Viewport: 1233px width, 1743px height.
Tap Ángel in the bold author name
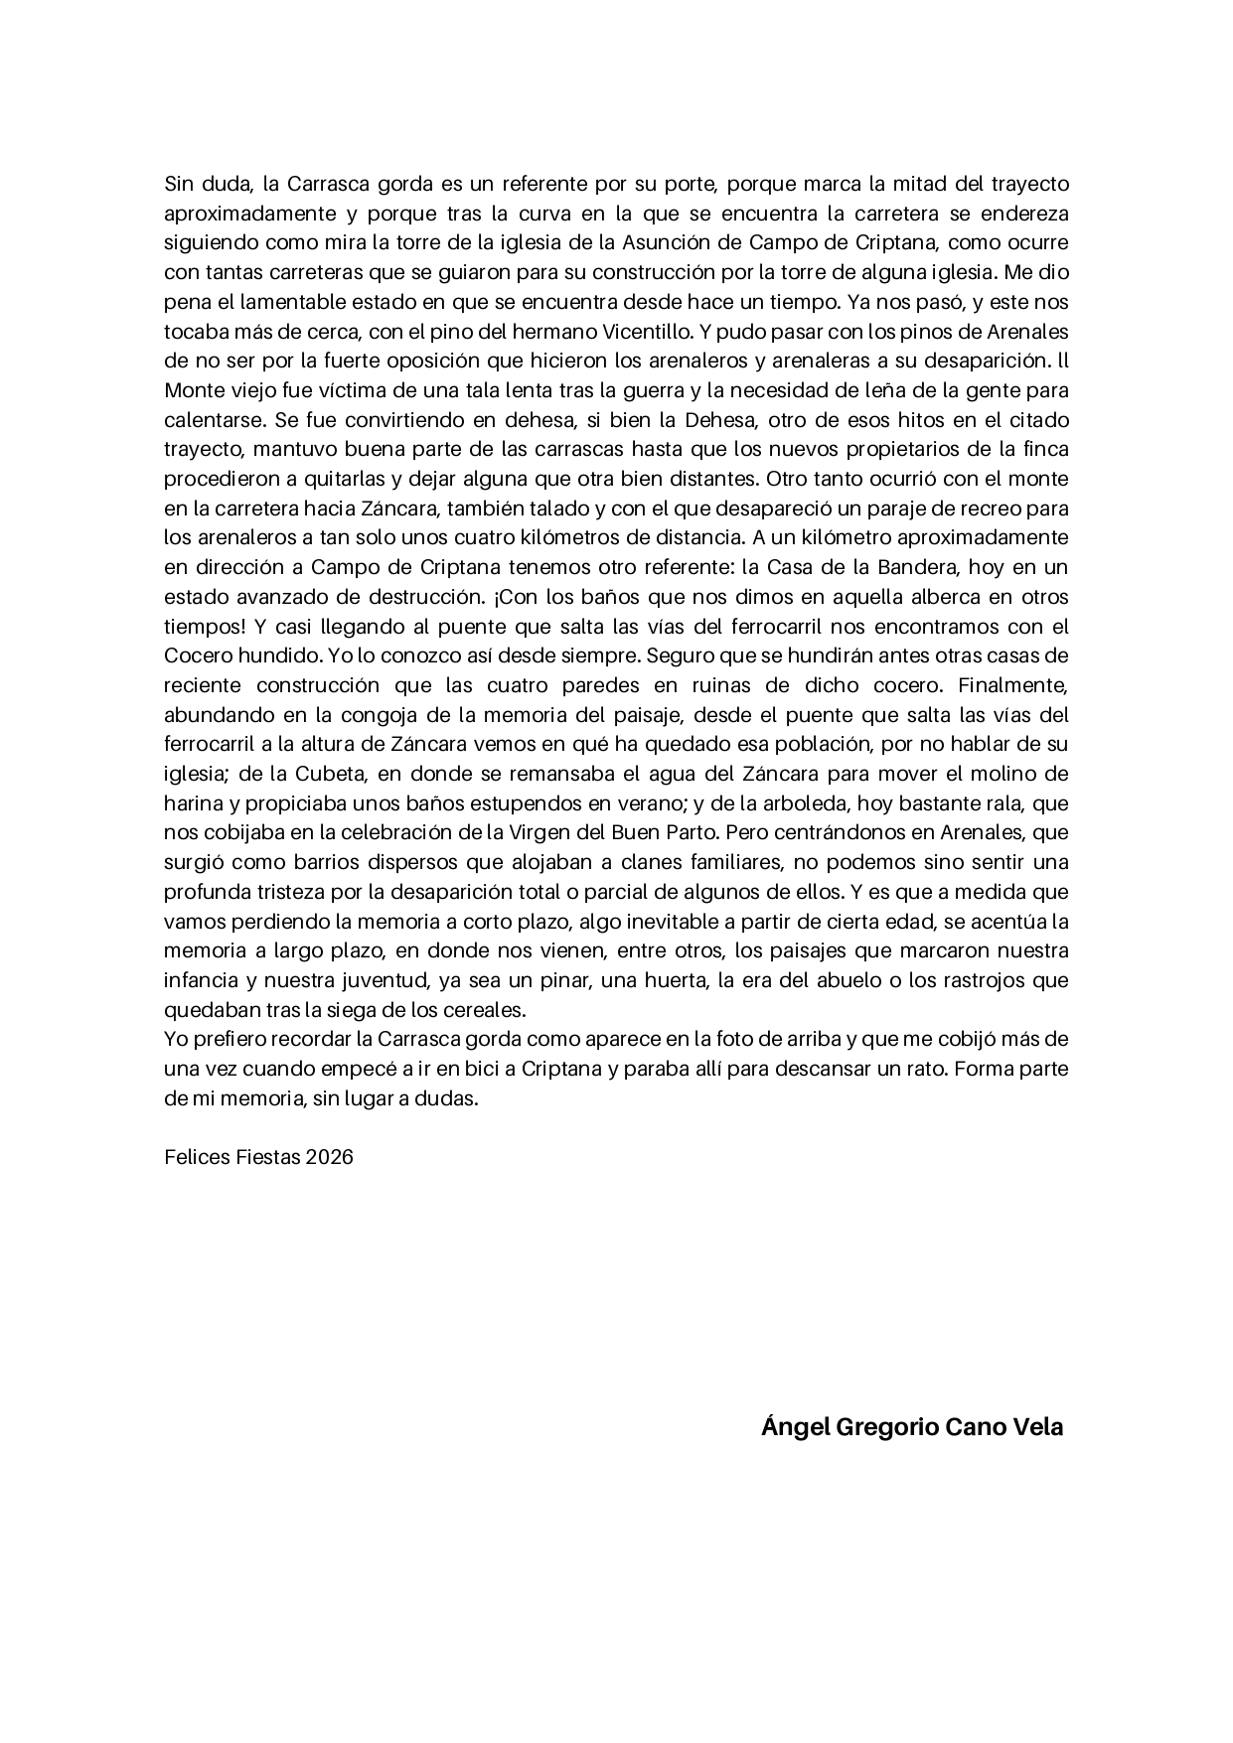pyautogui.click(x=794, y=1427)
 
